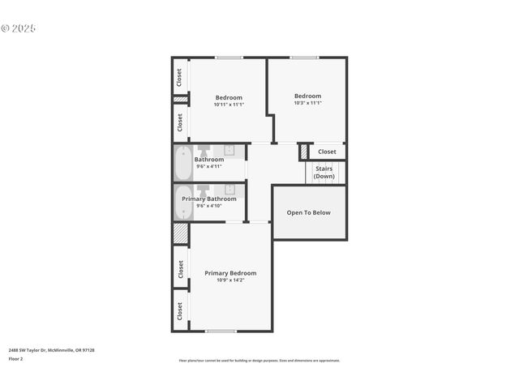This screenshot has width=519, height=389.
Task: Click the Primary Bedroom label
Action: [230, 273]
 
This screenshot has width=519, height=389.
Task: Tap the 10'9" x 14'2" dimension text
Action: [230, 280]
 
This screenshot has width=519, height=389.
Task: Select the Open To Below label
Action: [309, 213]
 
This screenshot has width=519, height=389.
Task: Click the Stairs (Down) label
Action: [324, 173]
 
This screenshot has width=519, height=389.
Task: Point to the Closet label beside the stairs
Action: [327, 152]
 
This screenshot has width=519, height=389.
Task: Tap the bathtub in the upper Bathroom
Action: [182, 164]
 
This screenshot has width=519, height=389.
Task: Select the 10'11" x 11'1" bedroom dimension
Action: [229, 105]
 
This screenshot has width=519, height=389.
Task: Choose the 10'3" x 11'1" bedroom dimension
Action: [308, 103]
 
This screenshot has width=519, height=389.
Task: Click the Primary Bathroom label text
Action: [209, 199]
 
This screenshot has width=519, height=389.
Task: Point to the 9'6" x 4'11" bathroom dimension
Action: [208, 166]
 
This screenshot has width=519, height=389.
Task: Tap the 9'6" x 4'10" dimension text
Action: [208, 206]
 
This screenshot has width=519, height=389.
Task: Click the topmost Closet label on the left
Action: [179, 76]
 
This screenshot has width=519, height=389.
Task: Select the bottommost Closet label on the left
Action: [179, 311]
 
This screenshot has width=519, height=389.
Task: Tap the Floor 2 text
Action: [15, 358]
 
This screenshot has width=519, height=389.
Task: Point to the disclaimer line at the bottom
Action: [259, 361]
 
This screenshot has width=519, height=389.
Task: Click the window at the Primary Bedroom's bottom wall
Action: [221, 331]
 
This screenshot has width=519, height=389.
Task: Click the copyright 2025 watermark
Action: [19, 28]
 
